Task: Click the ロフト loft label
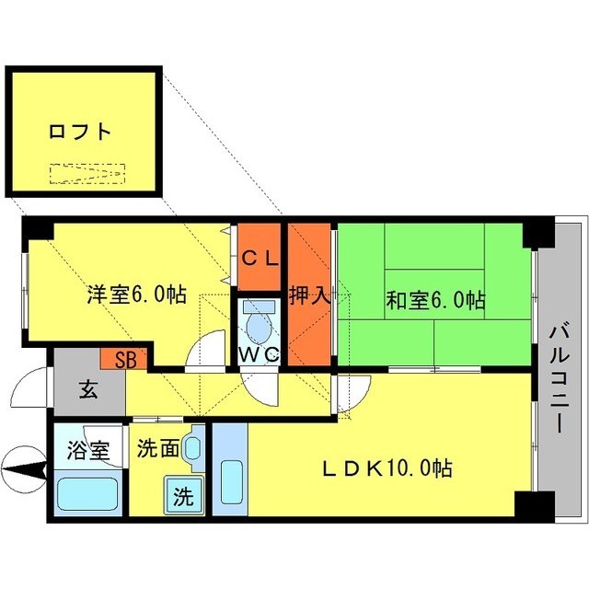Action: tap(80, 132)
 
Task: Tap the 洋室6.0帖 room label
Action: tap(137, 295)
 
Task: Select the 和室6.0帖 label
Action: tap(435, 299)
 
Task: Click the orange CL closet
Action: tap(260, 259)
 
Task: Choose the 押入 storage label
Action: tap(309, 296)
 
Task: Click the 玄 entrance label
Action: tap(87, 390)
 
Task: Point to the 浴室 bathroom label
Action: tap(88, 452)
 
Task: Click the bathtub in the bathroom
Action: tap(88, 494)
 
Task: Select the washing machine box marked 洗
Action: tap(182, 497)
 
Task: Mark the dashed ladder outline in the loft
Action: tap(87, 174)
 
